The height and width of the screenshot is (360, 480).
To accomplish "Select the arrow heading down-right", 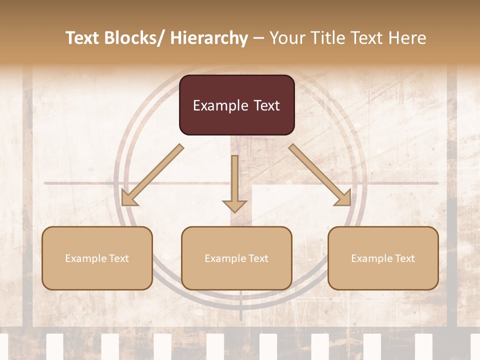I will click(320, 175).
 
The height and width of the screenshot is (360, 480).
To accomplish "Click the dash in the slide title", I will click(258, 38).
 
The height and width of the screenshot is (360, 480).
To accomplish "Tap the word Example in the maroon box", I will click(213, 105).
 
